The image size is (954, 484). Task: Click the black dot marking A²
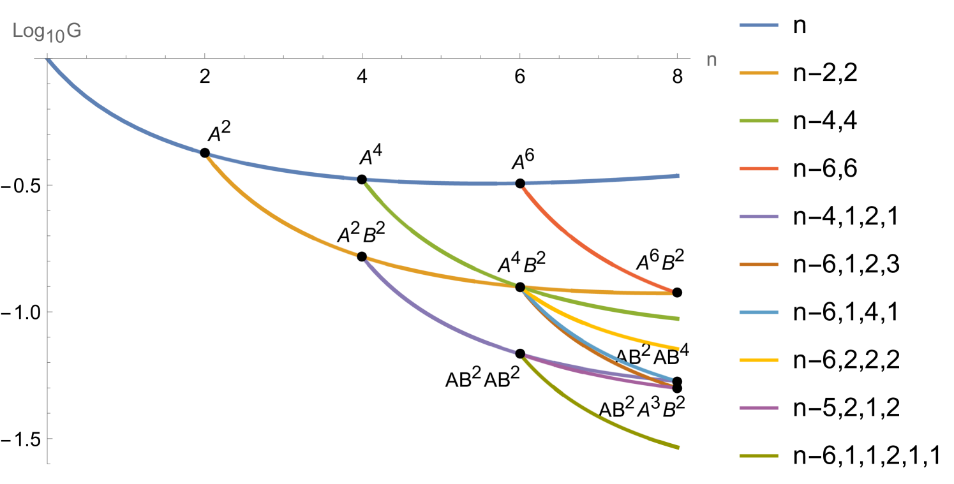pyautogui.click(x=205, y=152)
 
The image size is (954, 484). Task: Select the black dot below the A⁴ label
pyautogui.click(x=362, y=179)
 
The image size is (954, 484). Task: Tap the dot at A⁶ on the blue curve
pyautogui.click(x=520, y=183)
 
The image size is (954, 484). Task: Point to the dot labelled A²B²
pyautogui.click(x=362, y=256)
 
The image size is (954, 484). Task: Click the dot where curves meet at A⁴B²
pyautogui.click(x=520, y=287)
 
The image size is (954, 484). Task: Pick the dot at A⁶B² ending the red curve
pyautogui.click(x=677, y=292)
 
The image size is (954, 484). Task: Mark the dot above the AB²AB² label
pyautogui.click(x=520, y=353)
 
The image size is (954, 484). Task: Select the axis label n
pyautogui.click(x=712, y=60)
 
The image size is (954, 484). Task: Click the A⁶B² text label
pyautogui.click(x=660, y=261)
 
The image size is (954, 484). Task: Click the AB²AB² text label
pyautogui.click(x=482, y=379)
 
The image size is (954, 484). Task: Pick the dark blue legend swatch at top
pyautogui.click(x=758, y=26)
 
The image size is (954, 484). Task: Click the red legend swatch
pyautogui.click(x=758, y=169)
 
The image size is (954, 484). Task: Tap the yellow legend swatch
pyautogui.click(x=758, y=360)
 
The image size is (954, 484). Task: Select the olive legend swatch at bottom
pyautogui.click(x=758, y=456)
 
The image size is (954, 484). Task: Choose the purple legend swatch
pyautogui.click(x=758, y=217)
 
